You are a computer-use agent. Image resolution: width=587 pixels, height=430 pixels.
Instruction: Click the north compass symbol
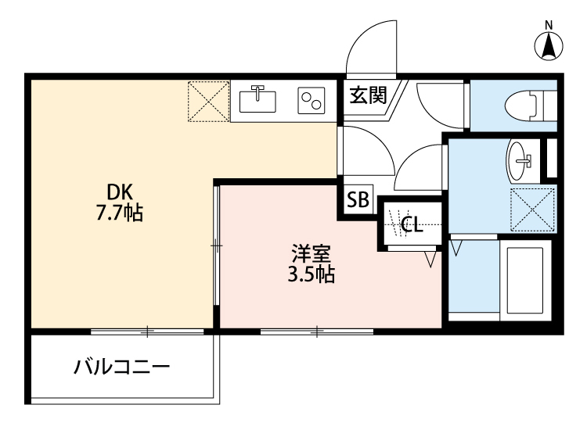(549, 44)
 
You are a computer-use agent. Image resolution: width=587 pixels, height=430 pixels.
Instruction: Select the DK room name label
(121, 192)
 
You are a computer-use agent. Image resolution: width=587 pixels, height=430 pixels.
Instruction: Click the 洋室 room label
(312, 254)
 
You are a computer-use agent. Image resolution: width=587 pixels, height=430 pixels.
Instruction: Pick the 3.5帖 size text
(312, 274)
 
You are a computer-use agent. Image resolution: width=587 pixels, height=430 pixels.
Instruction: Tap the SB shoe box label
(358, 199)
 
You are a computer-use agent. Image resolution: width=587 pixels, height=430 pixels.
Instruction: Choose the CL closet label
(411, 226)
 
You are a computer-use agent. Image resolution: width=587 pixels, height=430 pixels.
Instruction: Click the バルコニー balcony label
(122, 367)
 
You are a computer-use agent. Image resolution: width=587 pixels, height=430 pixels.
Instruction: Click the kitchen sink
(257, 100)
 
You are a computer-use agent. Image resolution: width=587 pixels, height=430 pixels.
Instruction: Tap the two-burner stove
(311, 101)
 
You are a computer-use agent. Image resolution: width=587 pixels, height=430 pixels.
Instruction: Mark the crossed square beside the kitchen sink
(208, 101)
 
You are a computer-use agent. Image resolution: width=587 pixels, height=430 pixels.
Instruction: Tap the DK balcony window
(146, 332)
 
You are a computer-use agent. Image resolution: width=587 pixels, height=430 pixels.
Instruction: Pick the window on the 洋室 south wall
(316, 332)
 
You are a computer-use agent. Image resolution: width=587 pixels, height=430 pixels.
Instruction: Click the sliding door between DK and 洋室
(216, 245)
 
